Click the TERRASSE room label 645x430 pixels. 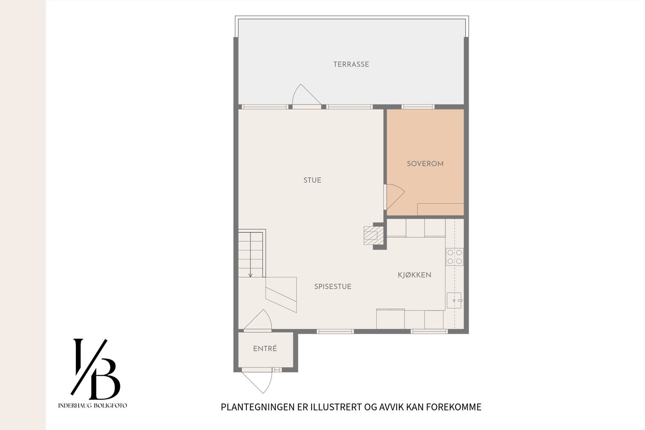click(x=351, y=64)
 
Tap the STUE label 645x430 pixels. click(x=312, y=180)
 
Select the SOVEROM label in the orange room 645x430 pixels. click(x=425, y=164)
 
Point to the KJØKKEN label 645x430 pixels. click(x=414, y=275)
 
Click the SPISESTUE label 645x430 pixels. click(x=333, y=286)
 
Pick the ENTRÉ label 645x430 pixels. click(x=265, y=349)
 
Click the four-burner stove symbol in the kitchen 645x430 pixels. click(x=455, y=257)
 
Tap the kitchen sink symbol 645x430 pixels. click(x=454, y=301)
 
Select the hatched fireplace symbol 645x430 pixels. click(x=371, y=234)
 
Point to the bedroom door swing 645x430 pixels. click(x=394, y=196)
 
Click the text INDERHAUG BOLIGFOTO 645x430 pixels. click(x=93, y=405)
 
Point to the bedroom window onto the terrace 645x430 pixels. click(x=418, y=106)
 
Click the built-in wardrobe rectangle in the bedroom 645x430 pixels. click(x=440, y=209)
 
